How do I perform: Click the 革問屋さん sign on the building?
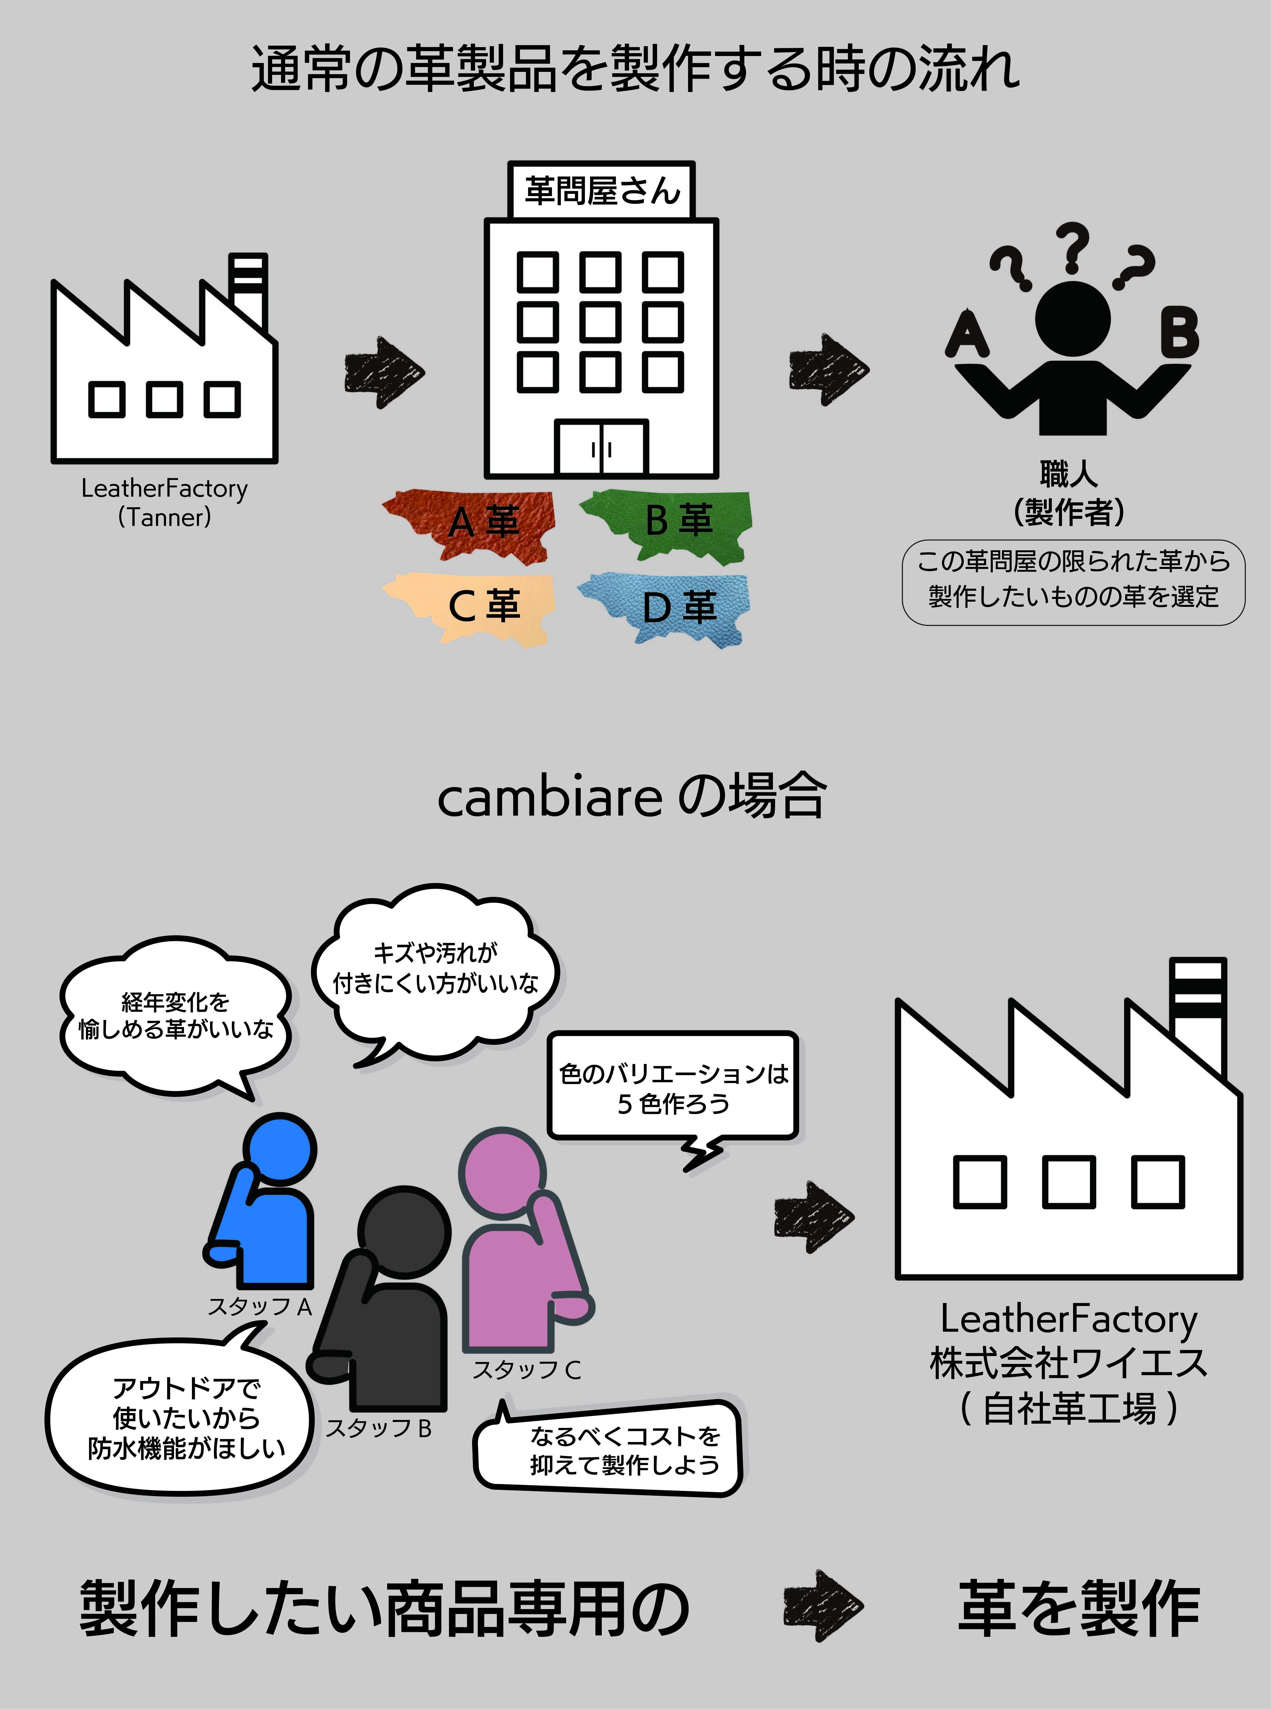tap(602, 190)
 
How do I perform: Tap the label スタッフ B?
tap(379, 1428)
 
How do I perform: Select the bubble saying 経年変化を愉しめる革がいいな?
tap(175, 1015)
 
